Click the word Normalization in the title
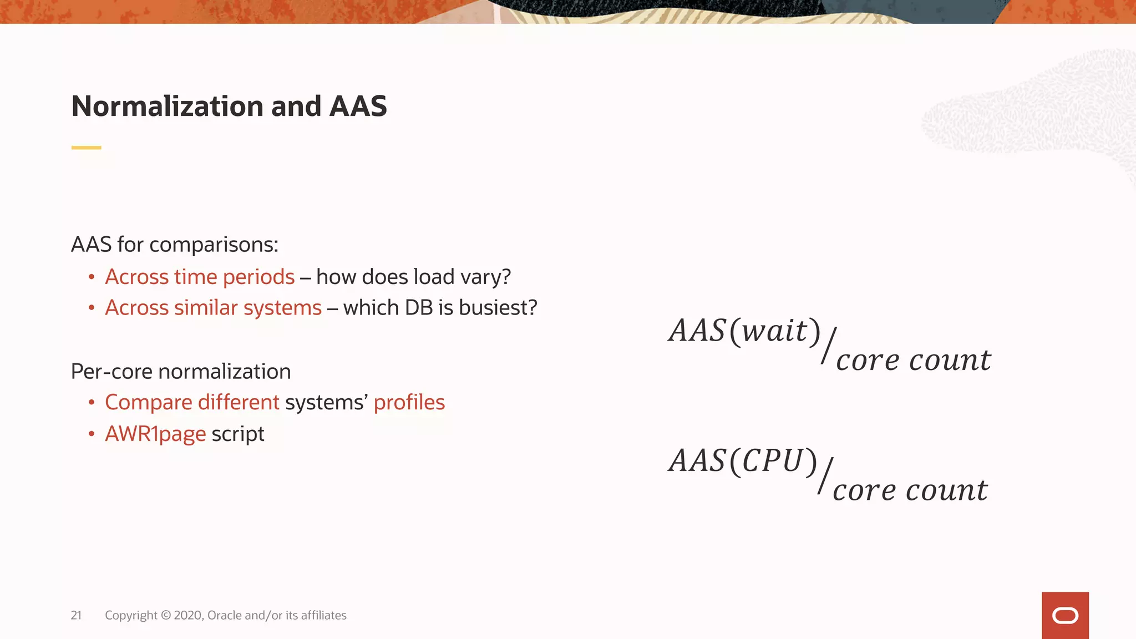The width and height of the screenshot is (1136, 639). tap(168, 106)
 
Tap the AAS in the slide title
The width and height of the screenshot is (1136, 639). tap(358, 106)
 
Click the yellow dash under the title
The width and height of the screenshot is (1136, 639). tap(86, 148)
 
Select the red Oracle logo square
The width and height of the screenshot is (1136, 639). tap(1064, 615)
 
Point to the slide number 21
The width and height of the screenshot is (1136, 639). tap(76, 615)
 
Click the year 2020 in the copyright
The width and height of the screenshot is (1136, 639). tap(188, 615)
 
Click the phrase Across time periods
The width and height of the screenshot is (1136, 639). tap(200, 277)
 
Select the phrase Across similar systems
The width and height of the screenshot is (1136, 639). tap(213, 308)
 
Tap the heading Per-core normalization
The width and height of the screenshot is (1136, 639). tap(181, 372)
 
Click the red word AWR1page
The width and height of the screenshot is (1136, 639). tap(155, 434)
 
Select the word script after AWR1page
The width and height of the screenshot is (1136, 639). tap(237, 434)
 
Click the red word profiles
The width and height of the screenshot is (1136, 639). tap(409, 403)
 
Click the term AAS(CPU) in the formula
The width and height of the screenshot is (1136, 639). tap(743, 461)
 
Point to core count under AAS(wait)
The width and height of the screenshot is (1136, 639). tap(913, 361)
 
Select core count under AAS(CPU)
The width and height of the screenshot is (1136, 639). tap(910, 490)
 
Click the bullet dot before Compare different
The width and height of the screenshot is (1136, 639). tap(92, 403)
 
